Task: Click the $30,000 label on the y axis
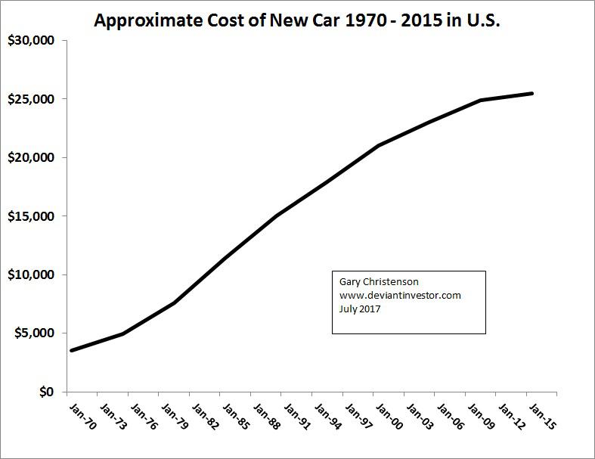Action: click(x=29, y=41)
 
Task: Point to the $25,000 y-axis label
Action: click(x=29, y=99)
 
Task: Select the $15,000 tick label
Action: click(x=29, y=216)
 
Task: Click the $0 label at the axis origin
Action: click(x=47, y=392)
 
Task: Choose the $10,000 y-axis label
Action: click(x=29, y=274)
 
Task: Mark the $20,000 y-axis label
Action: click(x=29, y=157)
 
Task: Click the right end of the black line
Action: click(x=532, y=94)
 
